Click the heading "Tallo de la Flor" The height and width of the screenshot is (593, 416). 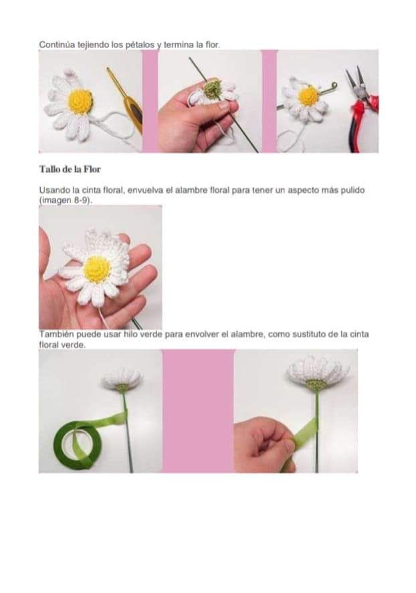70,169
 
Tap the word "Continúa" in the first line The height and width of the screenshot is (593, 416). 54,45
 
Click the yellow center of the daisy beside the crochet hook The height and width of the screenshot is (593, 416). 80,101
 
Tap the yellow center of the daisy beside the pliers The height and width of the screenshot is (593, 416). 308,96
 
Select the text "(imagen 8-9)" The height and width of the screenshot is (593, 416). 65,200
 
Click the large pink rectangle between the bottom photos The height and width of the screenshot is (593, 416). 198,411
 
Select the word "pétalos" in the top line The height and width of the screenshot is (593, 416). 138,45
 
